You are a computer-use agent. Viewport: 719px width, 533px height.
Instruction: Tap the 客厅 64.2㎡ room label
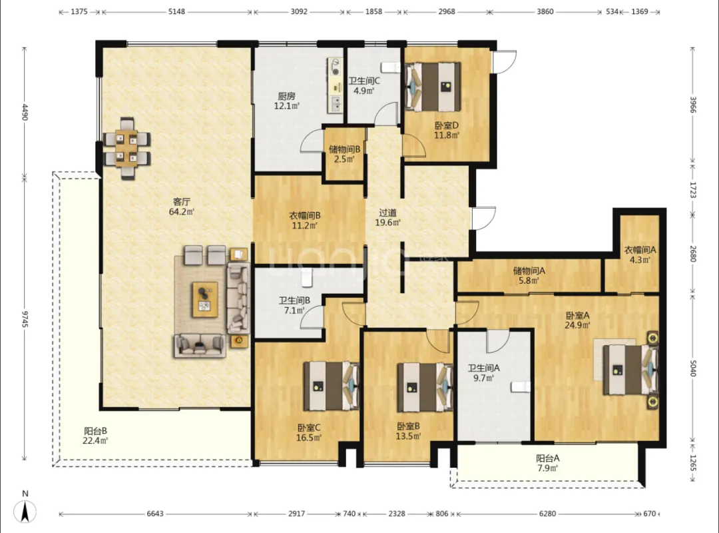[x=182, y=207]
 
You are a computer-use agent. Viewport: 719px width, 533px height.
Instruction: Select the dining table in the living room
[x=127, y=148]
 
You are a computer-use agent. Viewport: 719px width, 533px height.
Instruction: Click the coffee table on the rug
[x=205, y=299]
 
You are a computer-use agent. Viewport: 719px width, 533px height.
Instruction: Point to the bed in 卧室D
[x=433, y=87]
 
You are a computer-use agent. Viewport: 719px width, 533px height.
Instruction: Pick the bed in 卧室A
[x=630, y=370]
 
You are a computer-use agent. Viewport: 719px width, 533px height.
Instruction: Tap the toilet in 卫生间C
[x=391, y=67]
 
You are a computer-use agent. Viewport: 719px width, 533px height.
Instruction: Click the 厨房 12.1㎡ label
[x=286, y=101]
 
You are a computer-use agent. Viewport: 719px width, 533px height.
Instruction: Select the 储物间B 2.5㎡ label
[x=344, y=155]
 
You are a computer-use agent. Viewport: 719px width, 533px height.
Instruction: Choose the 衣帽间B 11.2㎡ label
[x=304, y=221]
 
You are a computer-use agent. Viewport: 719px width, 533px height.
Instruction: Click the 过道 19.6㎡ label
[x=388, y=218]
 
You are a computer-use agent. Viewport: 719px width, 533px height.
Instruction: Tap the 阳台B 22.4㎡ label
[x=95, y=436]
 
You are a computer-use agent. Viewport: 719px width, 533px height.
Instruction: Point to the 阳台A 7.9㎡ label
[x=547, y=463]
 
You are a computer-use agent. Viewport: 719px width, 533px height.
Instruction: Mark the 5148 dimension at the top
[x=176, y=11]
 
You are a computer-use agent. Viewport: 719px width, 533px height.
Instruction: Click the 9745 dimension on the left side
[x=25, y=318]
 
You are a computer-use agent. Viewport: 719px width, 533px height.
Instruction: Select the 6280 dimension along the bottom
[x=547, y=514]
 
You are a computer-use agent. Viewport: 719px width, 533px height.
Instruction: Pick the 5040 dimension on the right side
[x=693, y=368]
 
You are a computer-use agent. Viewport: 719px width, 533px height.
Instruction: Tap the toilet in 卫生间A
[x=521, y=387]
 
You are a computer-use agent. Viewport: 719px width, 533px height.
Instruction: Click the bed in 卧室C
[x=331, y=386]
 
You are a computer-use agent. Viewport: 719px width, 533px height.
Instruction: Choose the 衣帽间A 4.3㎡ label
[x=640, y=255]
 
